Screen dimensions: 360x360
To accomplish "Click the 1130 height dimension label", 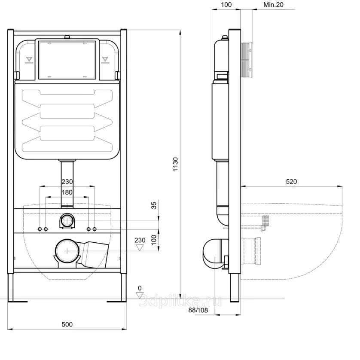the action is (175, 164).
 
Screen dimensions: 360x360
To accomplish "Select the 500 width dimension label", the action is (67, 324).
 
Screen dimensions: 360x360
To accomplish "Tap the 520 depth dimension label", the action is (291, 181).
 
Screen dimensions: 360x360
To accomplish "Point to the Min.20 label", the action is (273, 5).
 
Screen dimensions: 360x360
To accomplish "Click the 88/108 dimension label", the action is (198, 310).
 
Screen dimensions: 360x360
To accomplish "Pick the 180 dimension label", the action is (67, 192).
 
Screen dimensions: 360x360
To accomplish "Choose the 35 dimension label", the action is (154, 205).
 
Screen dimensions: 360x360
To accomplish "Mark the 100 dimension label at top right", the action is (226, 5).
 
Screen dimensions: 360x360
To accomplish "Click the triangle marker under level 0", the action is (140, 295).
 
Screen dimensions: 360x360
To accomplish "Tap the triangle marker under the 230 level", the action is (140, 248).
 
